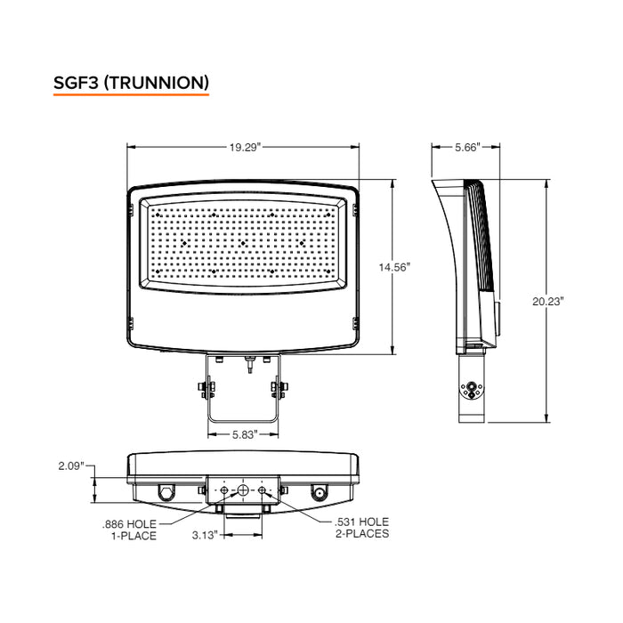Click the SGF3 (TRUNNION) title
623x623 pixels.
(131, 83)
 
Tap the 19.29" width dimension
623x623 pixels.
(244, 148)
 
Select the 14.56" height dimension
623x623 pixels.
(392, 266)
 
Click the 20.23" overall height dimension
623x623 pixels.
(548, 302)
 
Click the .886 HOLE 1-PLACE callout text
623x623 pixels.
(131, 530)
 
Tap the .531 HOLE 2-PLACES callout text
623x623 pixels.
(361, 528)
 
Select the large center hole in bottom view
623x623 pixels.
(243, 491)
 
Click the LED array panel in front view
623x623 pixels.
(243, 242)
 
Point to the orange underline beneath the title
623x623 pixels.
(131, 95)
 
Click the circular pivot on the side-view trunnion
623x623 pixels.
(469, 388)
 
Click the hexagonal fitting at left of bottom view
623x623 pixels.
(166, 492)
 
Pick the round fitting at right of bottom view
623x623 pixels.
(318, 492)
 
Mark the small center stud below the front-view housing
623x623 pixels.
(249, 362)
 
